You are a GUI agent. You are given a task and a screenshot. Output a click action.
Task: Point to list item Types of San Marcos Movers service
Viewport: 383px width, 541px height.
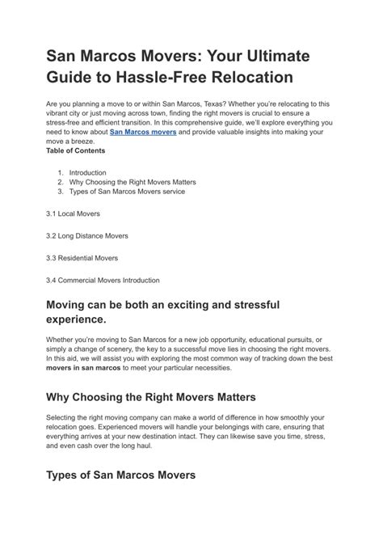coord(127,192)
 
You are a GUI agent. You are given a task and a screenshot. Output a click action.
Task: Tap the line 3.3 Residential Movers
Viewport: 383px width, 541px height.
coord(82,258)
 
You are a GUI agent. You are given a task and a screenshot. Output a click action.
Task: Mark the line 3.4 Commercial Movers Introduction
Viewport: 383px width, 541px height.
coord(103,280)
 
